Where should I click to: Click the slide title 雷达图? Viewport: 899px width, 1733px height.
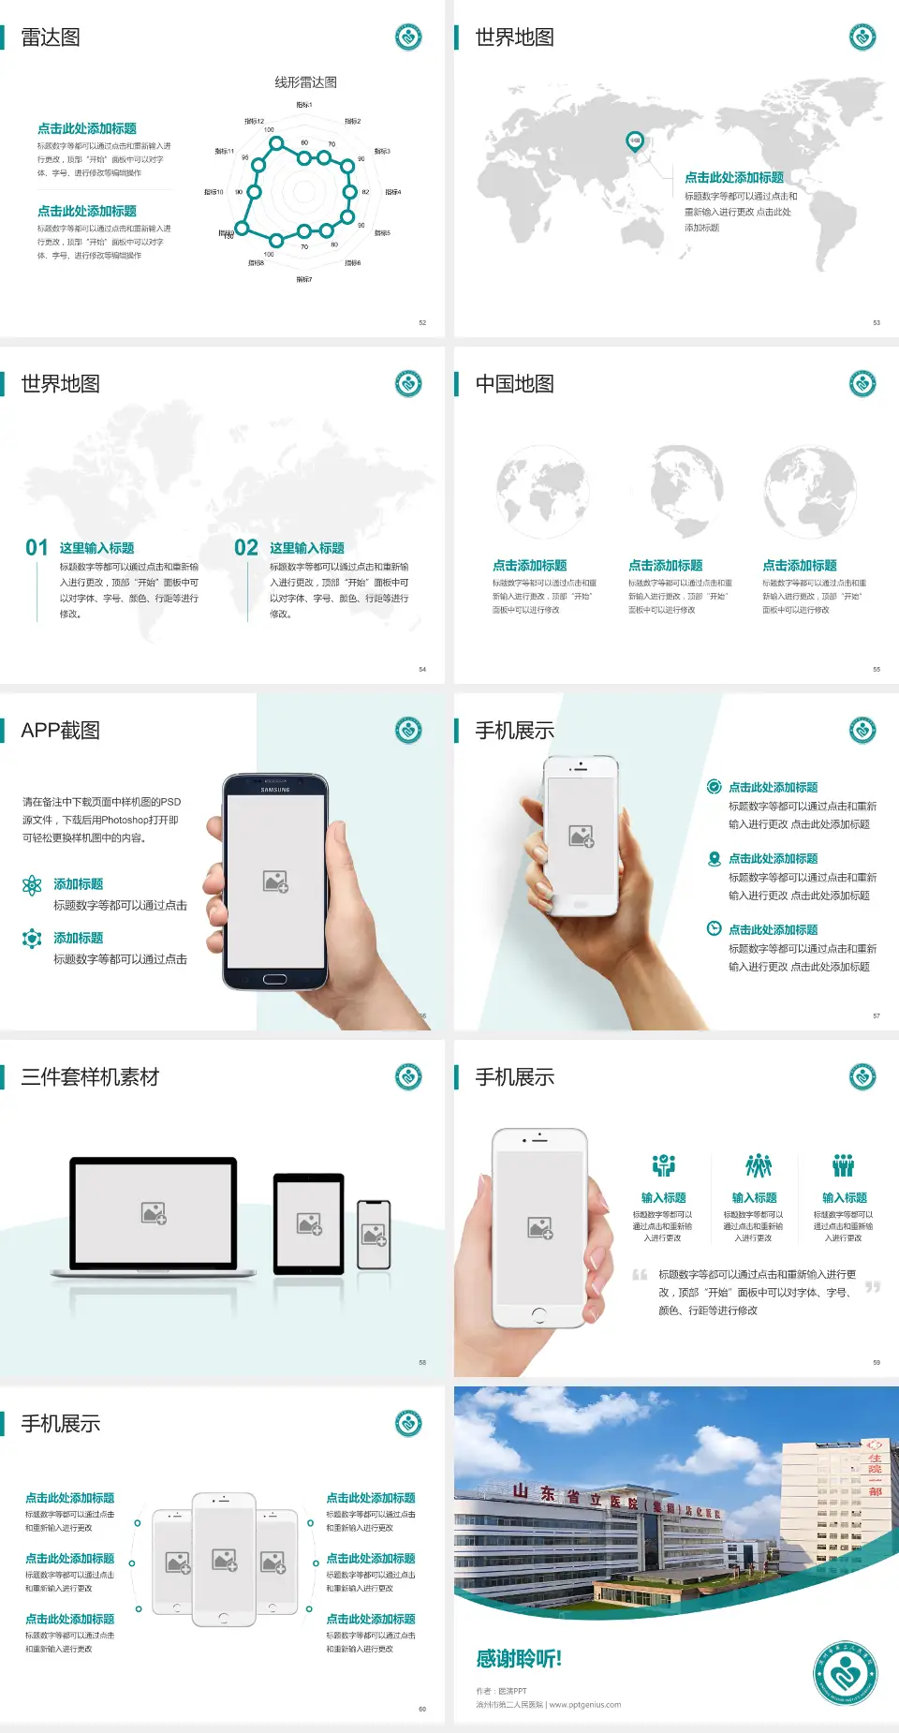pos(51,37)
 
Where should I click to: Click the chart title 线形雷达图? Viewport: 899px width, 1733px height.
pos(305,82)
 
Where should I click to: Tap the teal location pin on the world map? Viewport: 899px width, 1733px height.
pos(634,141)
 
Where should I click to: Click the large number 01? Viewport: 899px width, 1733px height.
pos(37,548)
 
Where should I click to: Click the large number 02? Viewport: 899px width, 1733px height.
pos(246,548)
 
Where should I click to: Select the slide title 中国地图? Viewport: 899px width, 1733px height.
pos(514,384)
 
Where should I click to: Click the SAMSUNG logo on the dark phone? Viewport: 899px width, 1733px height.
pos(275,790)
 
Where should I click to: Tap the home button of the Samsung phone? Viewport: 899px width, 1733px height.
pos(274,979)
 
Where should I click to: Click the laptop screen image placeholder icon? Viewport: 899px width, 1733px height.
pos(154,1213)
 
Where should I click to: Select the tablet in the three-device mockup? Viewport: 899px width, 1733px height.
pos(309,1223)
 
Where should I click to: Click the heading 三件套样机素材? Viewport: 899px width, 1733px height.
pos(90,1077)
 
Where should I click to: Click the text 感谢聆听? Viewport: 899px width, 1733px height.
pos(519,1659)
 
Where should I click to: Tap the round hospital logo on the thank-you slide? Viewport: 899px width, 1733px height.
pos(846,1673)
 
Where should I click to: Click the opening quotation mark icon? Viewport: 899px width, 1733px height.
pos(640,1274)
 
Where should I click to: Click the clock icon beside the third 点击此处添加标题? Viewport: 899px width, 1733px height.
pos(714,928)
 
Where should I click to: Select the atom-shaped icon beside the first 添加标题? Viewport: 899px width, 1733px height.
pos(32,885)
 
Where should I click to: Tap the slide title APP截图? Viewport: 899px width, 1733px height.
pos(60,731)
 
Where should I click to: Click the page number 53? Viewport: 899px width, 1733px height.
pos(877,322)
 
